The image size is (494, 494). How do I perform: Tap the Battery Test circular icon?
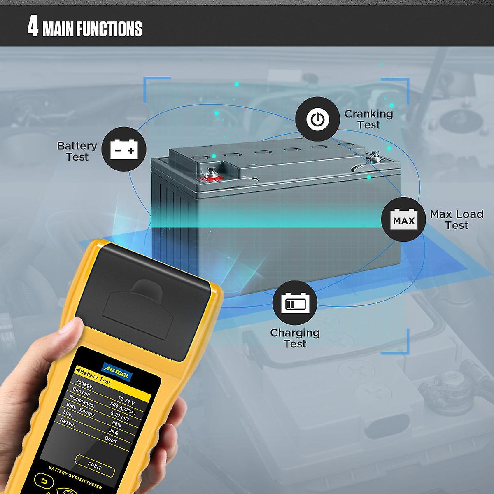tap(123, 149)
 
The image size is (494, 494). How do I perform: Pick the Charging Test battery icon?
tap(295, 303)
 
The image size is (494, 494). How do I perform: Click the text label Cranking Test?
tap(368, 119)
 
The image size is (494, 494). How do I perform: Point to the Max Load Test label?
tap(456, 219)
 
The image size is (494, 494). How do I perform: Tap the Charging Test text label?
tap(295, 338)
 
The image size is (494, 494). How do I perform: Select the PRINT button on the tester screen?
tap(95, 466)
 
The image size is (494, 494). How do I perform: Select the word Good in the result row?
tap(110, 440)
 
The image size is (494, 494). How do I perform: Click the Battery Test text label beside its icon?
tap(77, 151)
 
